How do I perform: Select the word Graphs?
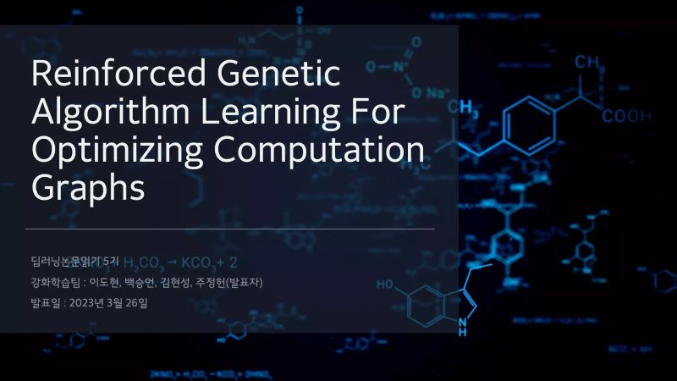(x=87, y=187)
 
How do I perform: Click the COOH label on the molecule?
(x=627, y=117)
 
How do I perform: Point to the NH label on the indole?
(x=462, y=326)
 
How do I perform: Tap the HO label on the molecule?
(x=385, y=284)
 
